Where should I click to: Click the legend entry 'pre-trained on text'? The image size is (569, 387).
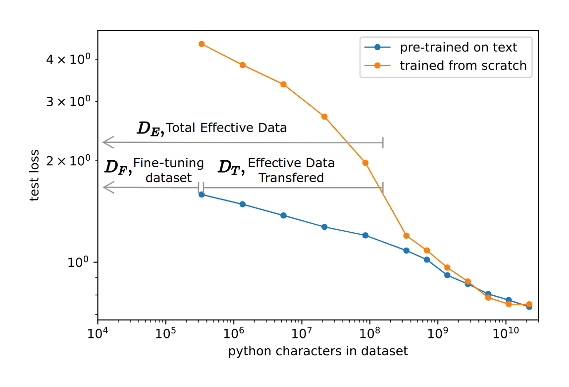coord(459,48)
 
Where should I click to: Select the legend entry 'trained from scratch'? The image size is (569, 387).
coord(463,65)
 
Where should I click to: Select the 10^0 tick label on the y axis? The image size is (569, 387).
coord(80,262)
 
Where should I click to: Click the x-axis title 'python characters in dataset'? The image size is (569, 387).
coord(318,352)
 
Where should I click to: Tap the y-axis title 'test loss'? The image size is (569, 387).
coord(34,176)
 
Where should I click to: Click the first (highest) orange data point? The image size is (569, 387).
coord(202,44)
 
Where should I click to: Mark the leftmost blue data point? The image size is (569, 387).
coord(202,194)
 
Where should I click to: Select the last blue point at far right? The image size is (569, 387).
coord(529,307)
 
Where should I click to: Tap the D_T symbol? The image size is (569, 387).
coord(231,167)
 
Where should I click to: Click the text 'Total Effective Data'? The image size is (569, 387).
coord(226,128)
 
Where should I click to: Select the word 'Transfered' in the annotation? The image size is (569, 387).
coord(291,178)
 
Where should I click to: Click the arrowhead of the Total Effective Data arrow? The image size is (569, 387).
coord(108,142)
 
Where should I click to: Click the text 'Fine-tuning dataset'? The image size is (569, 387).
coord(168,170)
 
